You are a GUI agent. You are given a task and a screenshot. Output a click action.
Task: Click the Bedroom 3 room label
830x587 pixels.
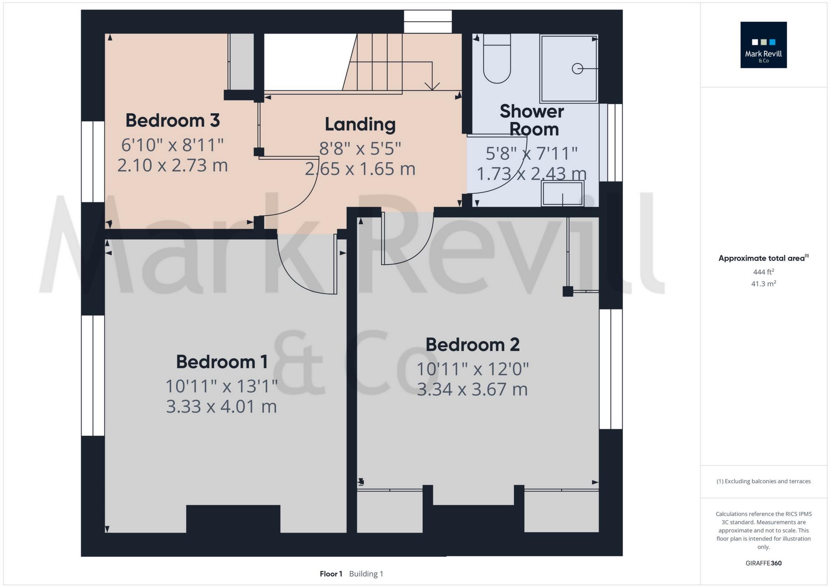tap(173, 121)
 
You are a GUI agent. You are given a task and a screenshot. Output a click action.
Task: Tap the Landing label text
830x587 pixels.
tap(360, 125)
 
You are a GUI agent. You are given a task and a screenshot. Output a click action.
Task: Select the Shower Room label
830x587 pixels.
tap(532, 120)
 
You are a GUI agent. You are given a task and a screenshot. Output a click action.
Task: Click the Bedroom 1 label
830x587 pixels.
tap(222, 362)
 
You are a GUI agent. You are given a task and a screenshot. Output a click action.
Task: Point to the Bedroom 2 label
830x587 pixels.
tap(472, 345)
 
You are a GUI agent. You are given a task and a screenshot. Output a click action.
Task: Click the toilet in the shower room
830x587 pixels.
tap(497, 61)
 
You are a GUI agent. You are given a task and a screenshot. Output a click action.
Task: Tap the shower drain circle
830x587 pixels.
tap(577, 68)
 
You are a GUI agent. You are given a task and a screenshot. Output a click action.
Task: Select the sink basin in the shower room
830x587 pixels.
tap(562, 194)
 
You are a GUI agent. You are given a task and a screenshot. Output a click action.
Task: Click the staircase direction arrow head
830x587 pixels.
tap(432, 86)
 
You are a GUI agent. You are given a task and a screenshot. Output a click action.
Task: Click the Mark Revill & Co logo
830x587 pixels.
tap(763, 45)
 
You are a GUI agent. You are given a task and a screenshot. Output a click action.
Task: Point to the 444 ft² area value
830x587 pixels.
tap(763, 271)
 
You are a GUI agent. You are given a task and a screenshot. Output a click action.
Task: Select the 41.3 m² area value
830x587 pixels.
tap(763, 284)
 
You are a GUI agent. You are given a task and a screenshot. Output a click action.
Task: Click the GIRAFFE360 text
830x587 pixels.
tap(763, 563)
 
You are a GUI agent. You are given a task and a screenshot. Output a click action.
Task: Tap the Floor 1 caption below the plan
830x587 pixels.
tap(331, 574)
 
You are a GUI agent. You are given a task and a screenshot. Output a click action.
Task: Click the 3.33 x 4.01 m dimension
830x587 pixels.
tap(221, 407)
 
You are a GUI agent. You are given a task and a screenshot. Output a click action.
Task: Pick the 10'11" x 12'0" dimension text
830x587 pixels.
tap(472, 369)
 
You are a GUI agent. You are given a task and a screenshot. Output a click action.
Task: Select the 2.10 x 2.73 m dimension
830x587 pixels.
tap(173, 166)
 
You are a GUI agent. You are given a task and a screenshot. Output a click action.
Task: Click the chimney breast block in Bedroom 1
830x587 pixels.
tap(233, 519)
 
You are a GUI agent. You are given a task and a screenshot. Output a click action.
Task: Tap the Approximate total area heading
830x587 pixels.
tap(763, 258)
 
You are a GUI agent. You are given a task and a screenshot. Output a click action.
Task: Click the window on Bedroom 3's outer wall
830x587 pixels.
tap(93, 162)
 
